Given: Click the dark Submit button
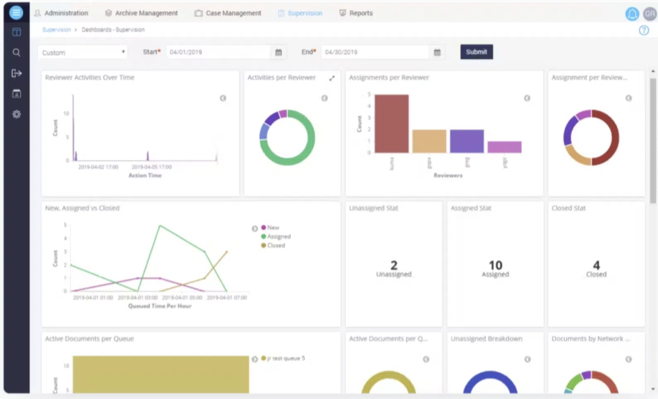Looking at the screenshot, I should pyautogui.click(x=476, y=52).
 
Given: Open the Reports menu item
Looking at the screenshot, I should pyautogui.click(x=356, y=13).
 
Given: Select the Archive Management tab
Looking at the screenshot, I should pyautogui.click(x=141, y=13).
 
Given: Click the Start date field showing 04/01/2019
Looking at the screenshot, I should pyautogui.click(x=218, y=52).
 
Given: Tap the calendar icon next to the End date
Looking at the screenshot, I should pyautogui.click(x=437, y=52).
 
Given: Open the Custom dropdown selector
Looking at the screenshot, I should pyautogui.click(x=82, y=52).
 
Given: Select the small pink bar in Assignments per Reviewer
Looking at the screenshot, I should pyautogui.click(x=504, y=147).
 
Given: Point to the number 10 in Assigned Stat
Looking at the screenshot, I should pyautogui.click(x=495, y=265).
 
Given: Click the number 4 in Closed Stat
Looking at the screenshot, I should pyautogui.click(x=596, y=265).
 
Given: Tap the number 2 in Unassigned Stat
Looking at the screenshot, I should pyautogui.click(x=394, y=265).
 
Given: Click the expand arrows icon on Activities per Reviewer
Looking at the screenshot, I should pyautogui.click(x=332, y=78).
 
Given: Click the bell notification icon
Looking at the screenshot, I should pyautogui.click(x=631, y=14).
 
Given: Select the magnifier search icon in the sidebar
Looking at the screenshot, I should pyautogui.click(x=17, y=52).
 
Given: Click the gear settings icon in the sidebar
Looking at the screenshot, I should pyautogui.click(x=17, y=114).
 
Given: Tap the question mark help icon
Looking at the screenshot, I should pyautogui.click(x=643, y=30).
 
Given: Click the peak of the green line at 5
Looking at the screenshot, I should pyautogui.click(x=160, y=226).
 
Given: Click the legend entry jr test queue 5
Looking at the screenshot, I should pyautogui.click(x=285, y=358).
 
